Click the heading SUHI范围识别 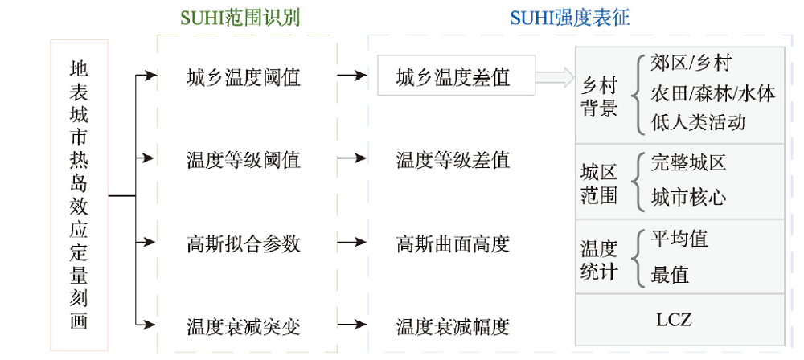pos(241,17)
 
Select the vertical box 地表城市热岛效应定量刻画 pos(79,195)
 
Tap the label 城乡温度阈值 pos(243,77)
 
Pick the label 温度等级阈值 pos(243,160)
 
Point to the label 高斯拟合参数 pos(243,243)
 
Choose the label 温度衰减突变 pos(243,326)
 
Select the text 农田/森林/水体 pos(713,93)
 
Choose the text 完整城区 pos(688,162)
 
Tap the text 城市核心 pos(688,197)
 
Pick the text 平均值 pos(679,239)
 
